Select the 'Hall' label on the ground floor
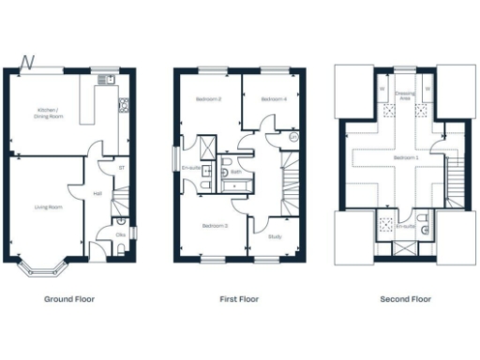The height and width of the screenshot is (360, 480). point(97,194)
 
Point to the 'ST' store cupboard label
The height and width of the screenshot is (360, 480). point(122,168)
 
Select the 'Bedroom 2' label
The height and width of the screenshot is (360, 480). point(209,98)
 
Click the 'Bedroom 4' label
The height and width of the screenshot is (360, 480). point(273,98)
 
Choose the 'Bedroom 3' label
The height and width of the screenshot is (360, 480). point(215,225)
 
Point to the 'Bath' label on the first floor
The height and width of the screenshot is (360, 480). point(237,172)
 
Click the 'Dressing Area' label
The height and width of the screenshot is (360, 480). point(406,94)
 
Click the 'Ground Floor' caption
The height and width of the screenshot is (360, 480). point(69,299)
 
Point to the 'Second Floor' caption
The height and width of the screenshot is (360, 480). point(406,299)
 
